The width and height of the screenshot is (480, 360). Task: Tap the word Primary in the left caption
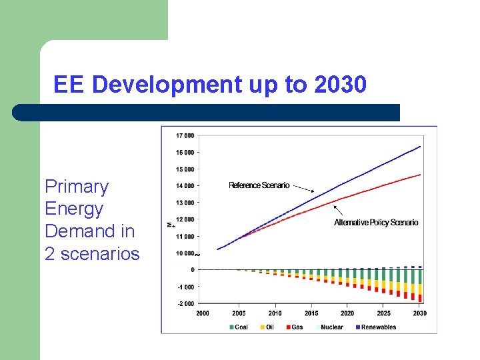pos(76,187)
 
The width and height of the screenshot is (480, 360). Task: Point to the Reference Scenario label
pos(259,185)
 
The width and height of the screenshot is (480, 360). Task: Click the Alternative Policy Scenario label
pos(376,223)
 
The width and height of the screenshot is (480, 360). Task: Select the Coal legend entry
pos(241,327)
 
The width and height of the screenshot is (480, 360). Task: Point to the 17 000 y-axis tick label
pos(185,135)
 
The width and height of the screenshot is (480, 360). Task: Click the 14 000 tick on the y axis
pos(185,186)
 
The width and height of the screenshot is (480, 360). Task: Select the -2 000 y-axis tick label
pos(185,304)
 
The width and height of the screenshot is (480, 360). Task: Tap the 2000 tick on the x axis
pos(202,313)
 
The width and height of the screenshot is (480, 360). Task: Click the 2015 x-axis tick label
pos(311,313)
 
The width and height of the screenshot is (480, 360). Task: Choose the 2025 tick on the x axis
pos(383,313)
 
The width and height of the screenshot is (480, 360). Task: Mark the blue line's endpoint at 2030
pos(420,146)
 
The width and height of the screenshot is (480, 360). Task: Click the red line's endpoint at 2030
pos(420,175)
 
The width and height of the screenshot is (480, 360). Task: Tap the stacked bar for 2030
pos(420,285)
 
